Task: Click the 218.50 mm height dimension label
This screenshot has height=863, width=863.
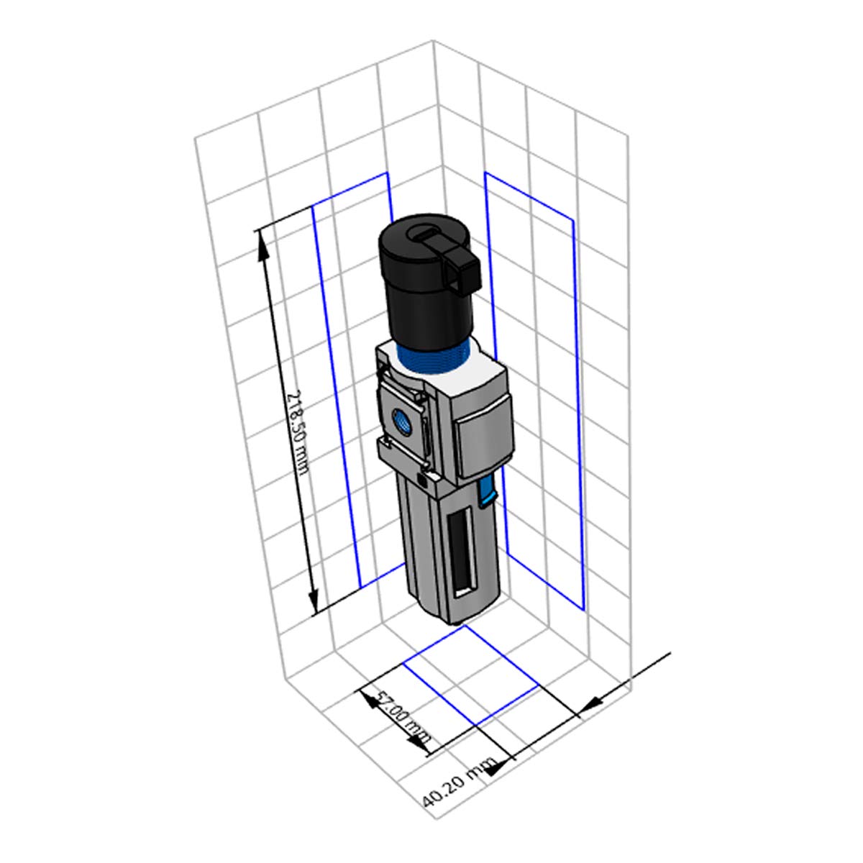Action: click(x=297, y=434)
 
